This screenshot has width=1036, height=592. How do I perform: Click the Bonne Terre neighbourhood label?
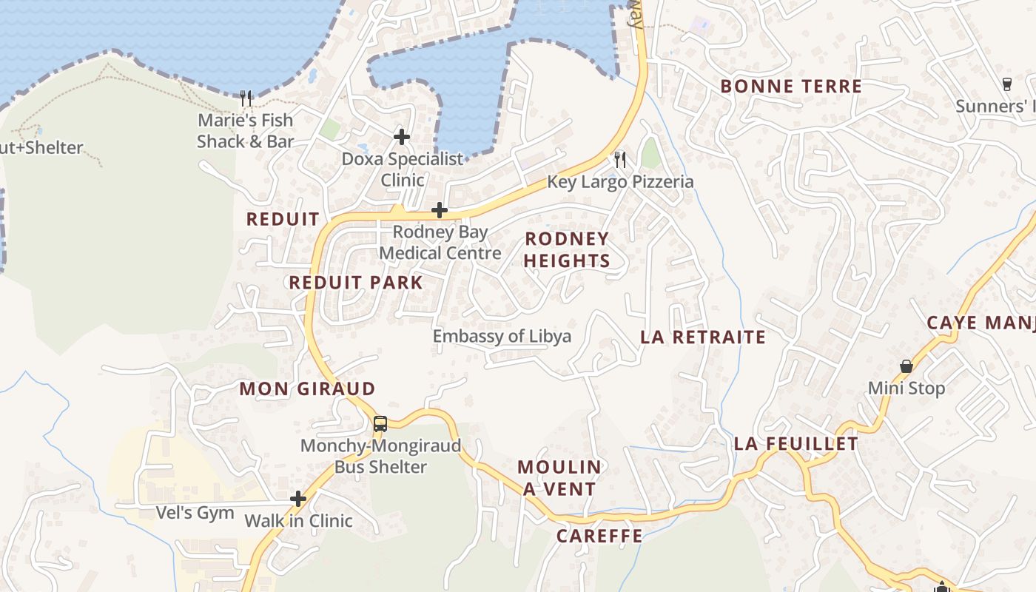click(x=791, y=87)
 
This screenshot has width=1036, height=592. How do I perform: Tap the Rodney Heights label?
click(x=567, y=249)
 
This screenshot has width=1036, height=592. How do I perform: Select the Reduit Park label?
click(x=356, y=283)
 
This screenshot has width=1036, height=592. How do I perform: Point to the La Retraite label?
click(x=703, y=337)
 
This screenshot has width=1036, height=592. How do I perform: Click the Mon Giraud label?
click(x=307, y=389)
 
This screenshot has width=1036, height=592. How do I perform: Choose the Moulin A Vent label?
click(x=559, y=478)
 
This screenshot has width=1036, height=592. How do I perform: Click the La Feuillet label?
click(x=796, y=444)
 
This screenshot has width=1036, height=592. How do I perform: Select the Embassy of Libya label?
click(x=502, y=337)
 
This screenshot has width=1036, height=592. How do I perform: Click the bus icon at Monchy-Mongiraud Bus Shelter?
click(x=380, y=424)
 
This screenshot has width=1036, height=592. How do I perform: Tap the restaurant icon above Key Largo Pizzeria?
click(x=620, y=159)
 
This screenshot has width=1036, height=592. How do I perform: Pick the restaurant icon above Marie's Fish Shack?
click(x=246, y=97)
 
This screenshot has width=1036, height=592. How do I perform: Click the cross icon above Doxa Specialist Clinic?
click(x=402, y=136)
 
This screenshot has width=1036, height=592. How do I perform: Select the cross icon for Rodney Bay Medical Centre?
click(x=440, y=210)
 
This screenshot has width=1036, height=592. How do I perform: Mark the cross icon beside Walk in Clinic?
click(x=298, y=499)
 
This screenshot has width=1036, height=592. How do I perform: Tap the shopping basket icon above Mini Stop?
click(x=906, y=366)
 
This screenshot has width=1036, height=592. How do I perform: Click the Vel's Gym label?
click(x=195, y=513)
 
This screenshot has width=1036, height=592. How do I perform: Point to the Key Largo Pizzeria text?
click(x=620, y=182)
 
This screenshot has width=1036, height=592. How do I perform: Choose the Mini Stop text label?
click(x=906, y=388)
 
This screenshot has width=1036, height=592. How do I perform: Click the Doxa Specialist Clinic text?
click(x=403, y=169)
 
